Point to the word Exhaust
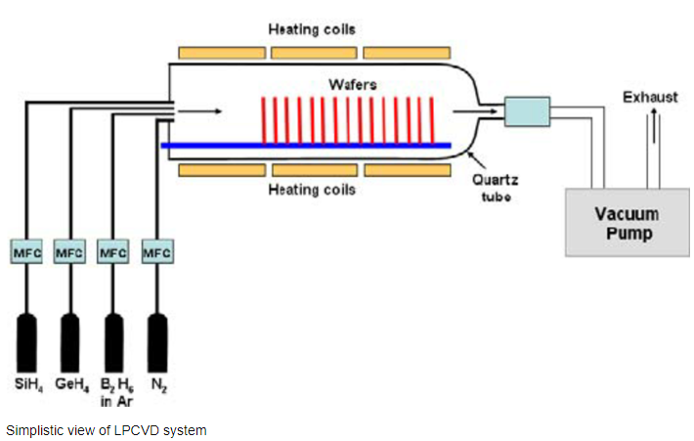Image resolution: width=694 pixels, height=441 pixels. [653, 97]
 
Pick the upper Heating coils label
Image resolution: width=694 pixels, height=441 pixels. [312, 29]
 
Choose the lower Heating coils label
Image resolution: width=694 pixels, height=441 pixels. [312, 190]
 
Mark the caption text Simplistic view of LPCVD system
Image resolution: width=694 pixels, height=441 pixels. [107, 428]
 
